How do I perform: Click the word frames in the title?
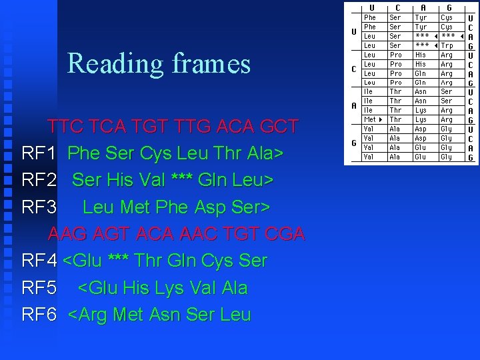211,63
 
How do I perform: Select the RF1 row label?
39,154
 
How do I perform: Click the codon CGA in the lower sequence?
284,234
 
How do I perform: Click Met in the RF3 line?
135,207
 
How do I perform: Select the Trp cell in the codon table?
447,45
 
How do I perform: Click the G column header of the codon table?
449,7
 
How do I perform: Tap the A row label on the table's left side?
353,105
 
